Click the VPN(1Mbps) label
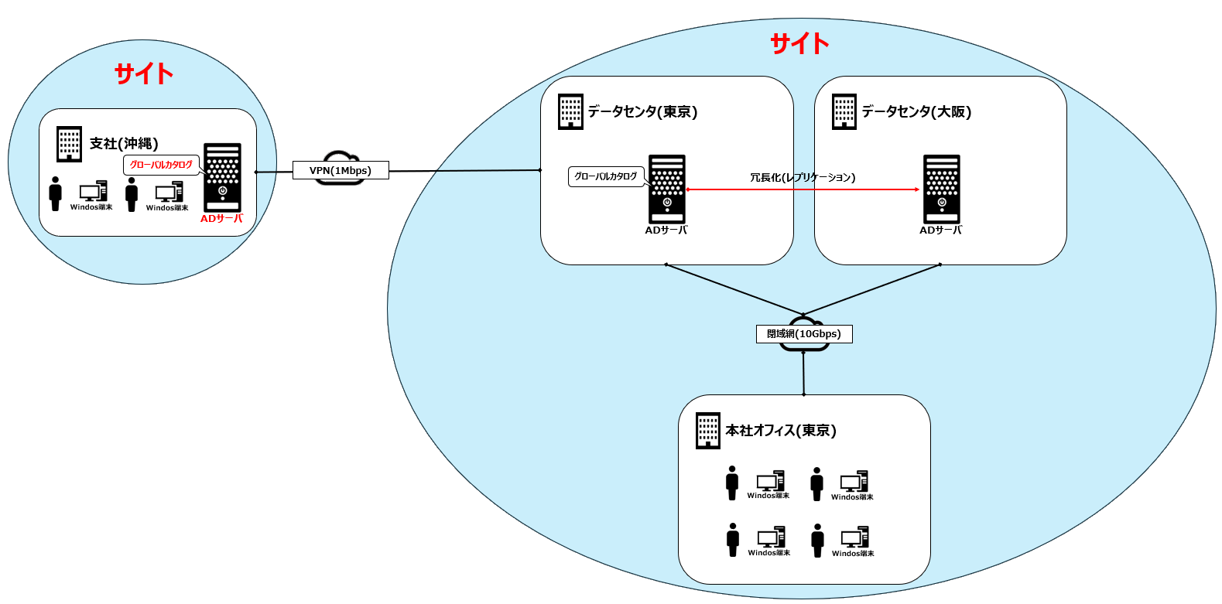tap(341, 171)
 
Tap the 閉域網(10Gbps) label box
tap(804, 334)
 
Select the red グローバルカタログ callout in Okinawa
tap(161, 165)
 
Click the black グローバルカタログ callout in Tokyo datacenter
tap(606, 176)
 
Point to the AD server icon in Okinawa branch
tap(222, 177)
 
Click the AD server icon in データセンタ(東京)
tap(667, 189)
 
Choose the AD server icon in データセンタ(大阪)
tap(941, 189)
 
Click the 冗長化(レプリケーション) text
tap(803, 178)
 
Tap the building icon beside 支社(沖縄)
tap(69, 144)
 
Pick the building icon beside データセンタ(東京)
tap(570, 112)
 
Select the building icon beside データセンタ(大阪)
tap(844, 112)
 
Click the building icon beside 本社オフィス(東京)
tap(707, 431)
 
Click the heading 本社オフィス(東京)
tap(781, 431)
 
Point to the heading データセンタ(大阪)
tap(916, 112)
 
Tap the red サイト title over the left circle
tap(144, 73)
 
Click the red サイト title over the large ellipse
tap(799, 43)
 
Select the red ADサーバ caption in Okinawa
tap(222, 219)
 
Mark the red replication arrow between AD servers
tap(803, 189)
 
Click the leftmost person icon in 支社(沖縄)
tap(55, 193)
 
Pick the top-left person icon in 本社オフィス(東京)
tap(732, 483)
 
